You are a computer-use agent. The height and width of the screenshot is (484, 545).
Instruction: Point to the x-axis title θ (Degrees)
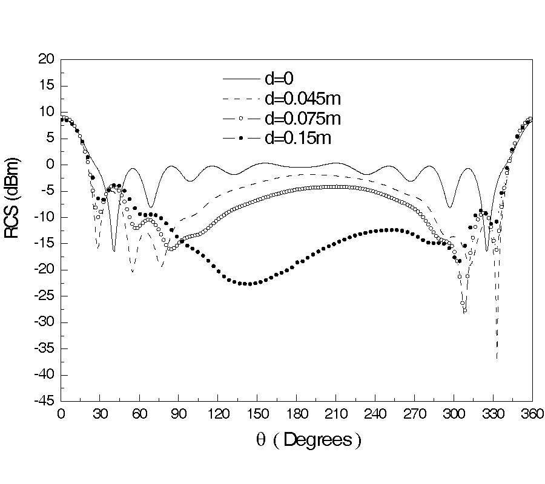point(309,440)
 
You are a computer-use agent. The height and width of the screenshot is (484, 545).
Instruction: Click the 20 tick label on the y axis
point(48,59)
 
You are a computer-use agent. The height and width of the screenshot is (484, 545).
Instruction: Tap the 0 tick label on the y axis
point(52,165)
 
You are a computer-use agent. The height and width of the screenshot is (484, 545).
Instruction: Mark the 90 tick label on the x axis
point(179,414)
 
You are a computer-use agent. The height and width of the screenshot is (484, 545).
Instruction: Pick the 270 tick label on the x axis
point(414,414)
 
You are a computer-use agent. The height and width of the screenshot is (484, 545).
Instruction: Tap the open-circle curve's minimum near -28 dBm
point(464,311)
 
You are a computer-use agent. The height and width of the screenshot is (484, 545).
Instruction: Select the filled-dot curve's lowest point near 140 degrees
point(247,284)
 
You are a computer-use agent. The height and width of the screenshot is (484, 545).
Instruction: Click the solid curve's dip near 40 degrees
point(114,250)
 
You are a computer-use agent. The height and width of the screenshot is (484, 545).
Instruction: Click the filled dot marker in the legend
point(240,139)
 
